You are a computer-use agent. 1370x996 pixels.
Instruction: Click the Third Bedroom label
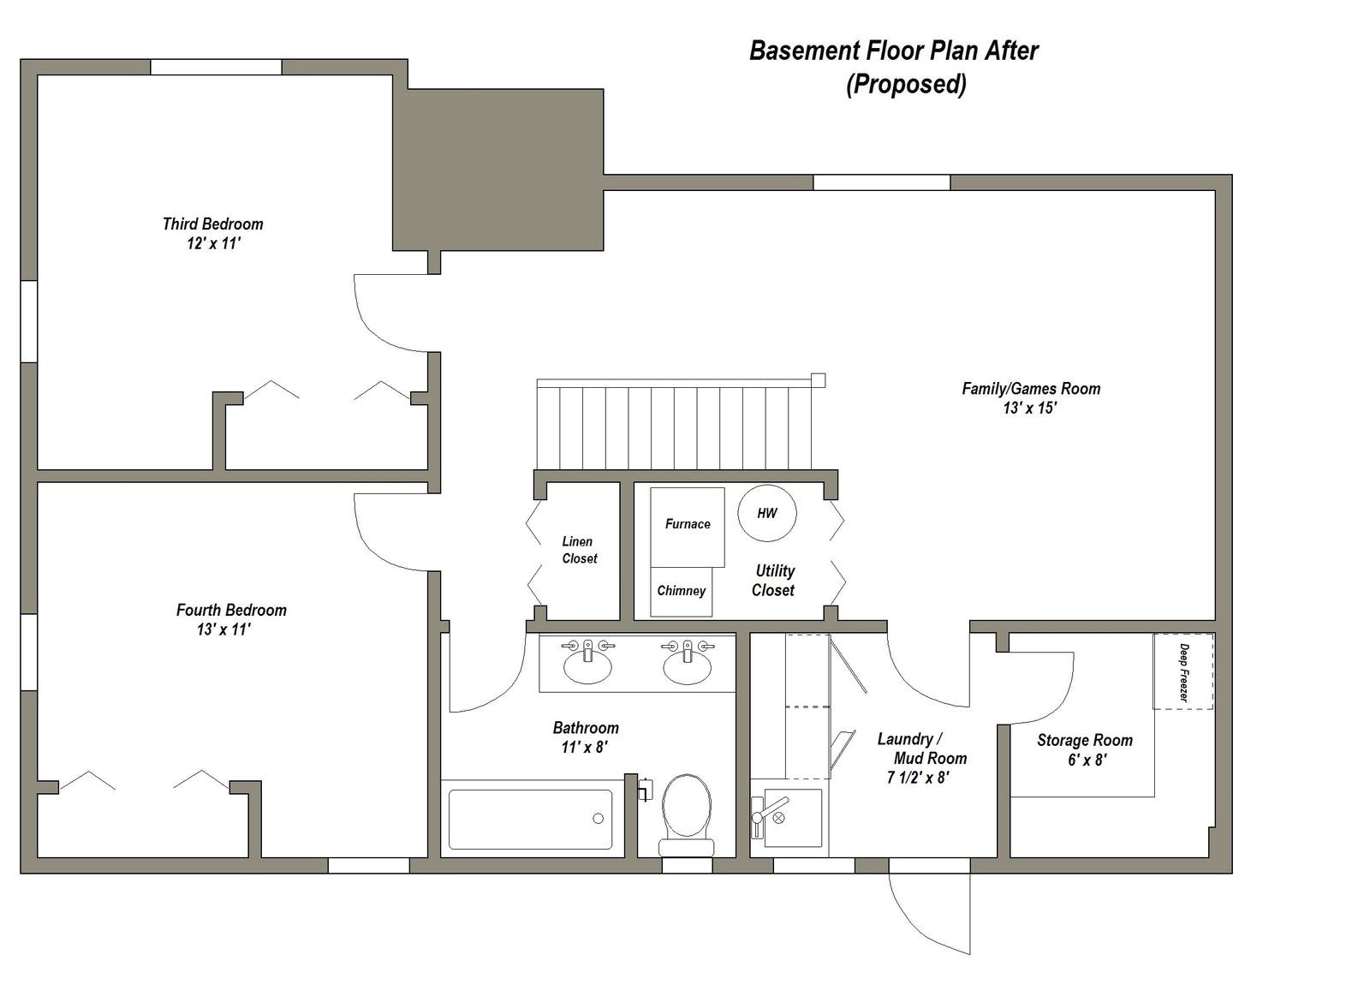tap(212, 224)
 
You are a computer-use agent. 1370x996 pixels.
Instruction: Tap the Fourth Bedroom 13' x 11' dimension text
tap(223, 630)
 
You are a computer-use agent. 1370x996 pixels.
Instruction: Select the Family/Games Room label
tap(1030, 388)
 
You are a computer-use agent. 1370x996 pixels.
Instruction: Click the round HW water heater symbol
tap(767, 514)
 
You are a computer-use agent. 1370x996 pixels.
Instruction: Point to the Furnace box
tap(688, 524)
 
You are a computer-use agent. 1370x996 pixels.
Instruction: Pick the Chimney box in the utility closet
tap(681, 591)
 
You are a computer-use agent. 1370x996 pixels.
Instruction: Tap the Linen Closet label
tap(579, 550)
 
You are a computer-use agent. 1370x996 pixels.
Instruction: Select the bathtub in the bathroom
tap(531, 819)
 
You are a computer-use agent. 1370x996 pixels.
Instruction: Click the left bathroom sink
tap(587, 666)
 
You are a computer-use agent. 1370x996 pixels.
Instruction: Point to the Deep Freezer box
tap(1182, 671)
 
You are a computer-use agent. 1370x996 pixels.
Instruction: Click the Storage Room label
tap(1084, 740)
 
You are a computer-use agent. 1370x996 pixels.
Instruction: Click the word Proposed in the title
tap(906, 85)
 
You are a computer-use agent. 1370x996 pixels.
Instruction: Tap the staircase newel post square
tap(818, 379)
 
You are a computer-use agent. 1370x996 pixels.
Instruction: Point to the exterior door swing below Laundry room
tap(929, 912)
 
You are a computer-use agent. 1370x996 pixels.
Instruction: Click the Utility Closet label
tap(773, 580)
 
